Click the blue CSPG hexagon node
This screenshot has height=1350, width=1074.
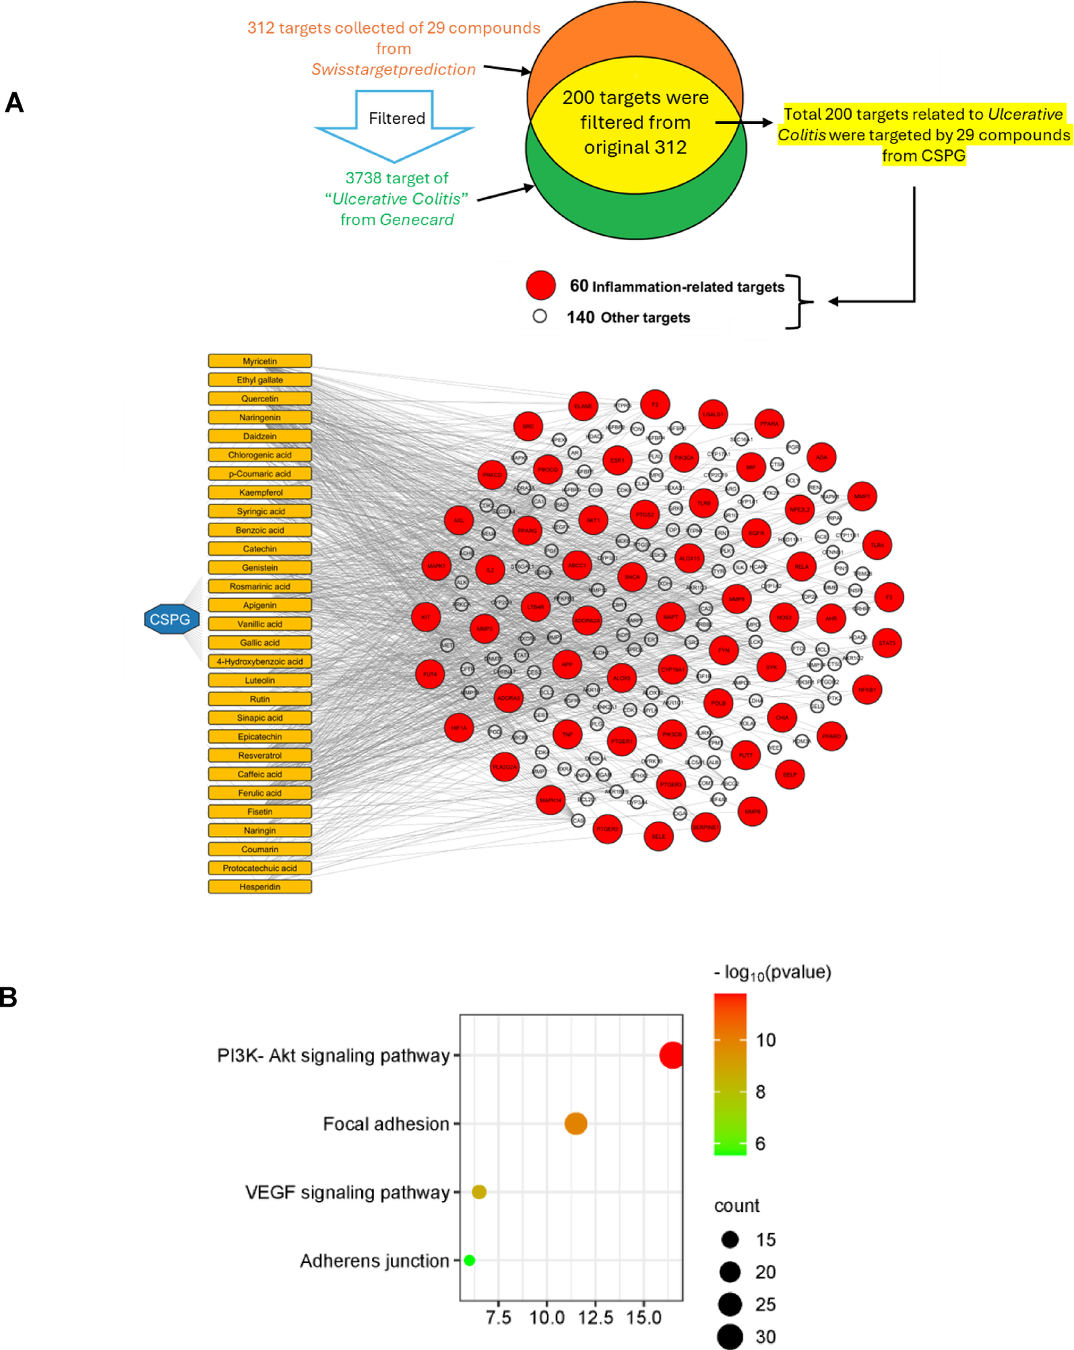coord(171,619)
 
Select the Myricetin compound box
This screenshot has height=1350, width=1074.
coord(259,361)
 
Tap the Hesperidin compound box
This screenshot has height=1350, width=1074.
coord(259,887)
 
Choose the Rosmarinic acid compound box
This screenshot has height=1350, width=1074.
coord(259,586)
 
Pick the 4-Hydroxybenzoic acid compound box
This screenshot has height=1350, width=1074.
coord(259,662)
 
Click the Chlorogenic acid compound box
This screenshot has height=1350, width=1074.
coord(259,455)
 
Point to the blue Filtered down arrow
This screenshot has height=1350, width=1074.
coord(395,125)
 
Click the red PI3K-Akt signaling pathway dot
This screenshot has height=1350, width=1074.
coord(671,1055)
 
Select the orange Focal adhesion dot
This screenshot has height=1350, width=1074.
coord(575,1124)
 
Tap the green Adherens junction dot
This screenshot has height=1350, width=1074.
coord(470,1260)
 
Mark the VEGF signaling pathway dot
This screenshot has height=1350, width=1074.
coord(479,1192)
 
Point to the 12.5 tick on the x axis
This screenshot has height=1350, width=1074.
coord(595,1318)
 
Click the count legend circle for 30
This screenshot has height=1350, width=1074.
coord(730,1337)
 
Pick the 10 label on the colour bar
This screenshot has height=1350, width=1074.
coord(766,1040)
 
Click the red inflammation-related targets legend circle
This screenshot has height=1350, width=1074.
coord(540,286)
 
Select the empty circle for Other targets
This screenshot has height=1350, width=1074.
coord(540,316)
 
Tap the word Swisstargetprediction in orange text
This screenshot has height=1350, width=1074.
coord(393,69)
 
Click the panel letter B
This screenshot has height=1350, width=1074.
coord(9,998)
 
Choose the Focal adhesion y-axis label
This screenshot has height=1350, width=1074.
coord(385,1124)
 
